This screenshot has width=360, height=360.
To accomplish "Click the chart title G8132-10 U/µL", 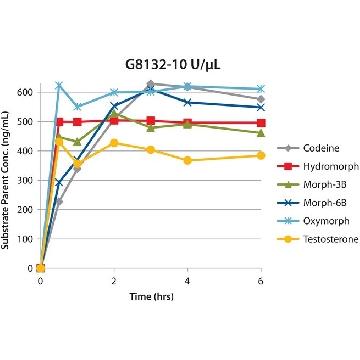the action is coord(173,65).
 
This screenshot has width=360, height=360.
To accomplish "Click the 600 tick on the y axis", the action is coord(25,92).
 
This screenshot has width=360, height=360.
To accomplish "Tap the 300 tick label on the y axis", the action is coord(25,180).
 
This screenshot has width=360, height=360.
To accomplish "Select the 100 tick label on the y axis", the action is coord(25,239).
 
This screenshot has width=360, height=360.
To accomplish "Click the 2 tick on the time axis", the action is coord(114,281).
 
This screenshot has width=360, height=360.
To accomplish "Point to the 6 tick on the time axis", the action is coord(261,281).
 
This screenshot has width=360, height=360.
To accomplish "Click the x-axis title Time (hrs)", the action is coord(152,296).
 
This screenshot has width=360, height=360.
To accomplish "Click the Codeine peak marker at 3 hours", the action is coord(150,84).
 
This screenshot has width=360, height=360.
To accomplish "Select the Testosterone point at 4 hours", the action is coord(187,161).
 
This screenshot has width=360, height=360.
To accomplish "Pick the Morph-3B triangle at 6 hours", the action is coord(261,133).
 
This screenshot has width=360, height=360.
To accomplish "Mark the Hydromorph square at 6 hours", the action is coord(261,123).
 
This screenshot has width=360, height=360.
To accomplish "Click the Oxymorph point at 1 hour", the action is coord(77,107).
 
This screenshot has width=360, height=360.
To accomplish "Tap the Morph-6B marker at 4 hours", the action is coord(187,102).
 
